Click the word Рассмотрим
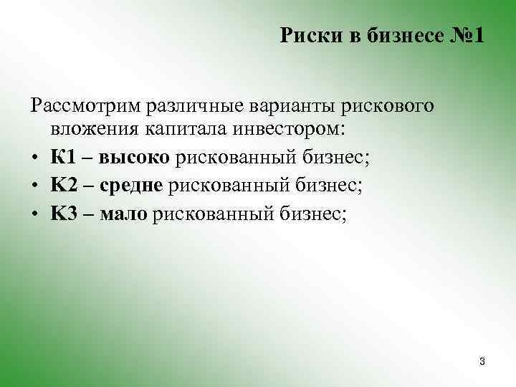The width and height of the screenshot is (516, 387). click(85, 106)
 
